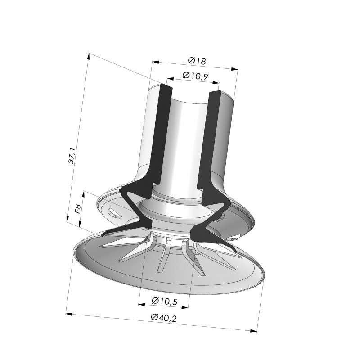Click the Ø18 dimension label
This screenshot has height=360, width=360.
point(197,61)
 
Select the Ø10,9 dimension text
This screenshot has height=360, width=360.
point(195,76)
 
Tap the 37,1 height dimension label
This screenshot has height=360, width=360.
point(72,156)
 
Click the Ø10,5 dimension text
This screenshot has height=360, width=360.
point(164,301)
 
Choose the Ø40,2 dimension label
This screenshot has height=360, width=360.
point(164,318)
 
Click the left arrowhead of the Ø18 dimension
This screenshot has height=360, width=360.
point(156,62)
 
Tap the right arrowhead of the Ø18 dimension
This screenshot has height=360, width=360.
point(234,69)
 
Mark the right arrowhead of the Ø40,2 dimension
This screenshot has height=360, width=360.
point(253,331)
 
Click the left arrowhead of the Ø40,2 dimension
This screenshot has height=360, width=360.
point(69,314)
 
